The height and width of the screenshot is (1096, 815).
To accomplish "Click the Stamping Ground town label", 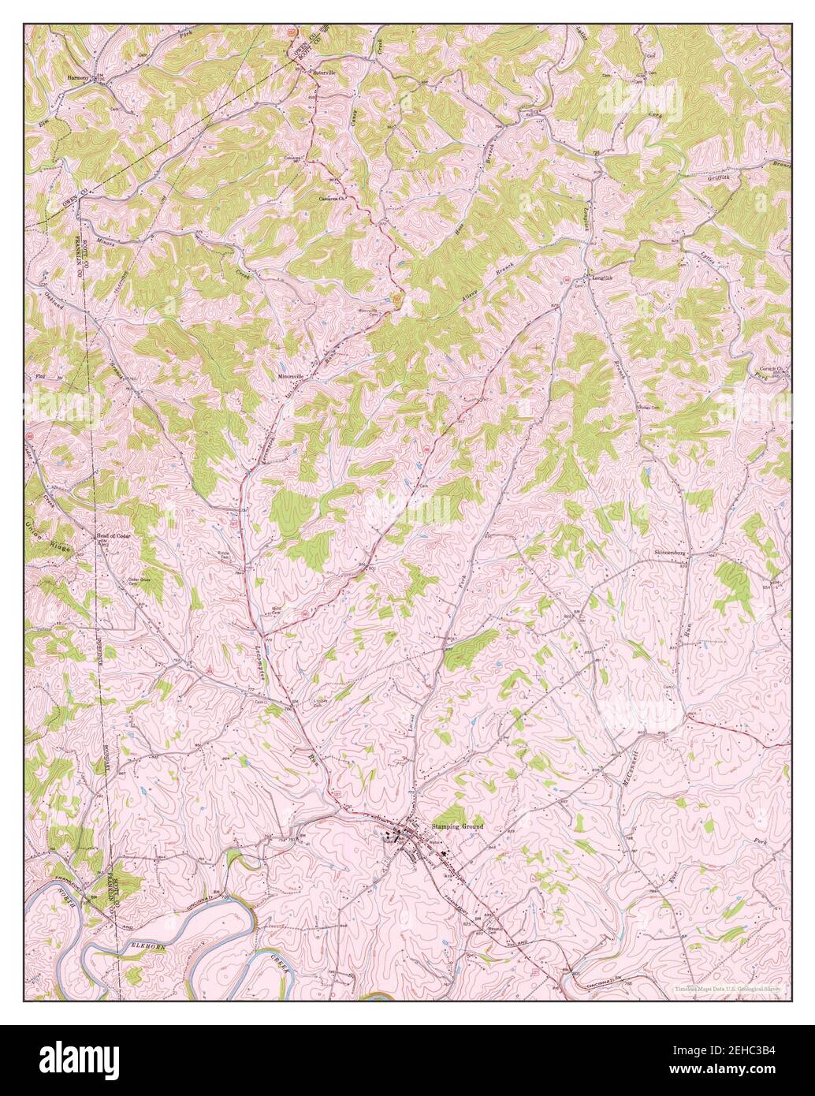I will pyautogui.click(x=456, y=826).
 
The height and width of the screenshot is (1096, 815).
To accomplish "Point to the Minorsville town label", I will pyautogui.click(x=290, y=377).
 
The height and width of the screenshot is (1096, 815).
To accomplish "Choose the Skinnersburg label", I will pyautogui.click(x=672, y=553).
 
